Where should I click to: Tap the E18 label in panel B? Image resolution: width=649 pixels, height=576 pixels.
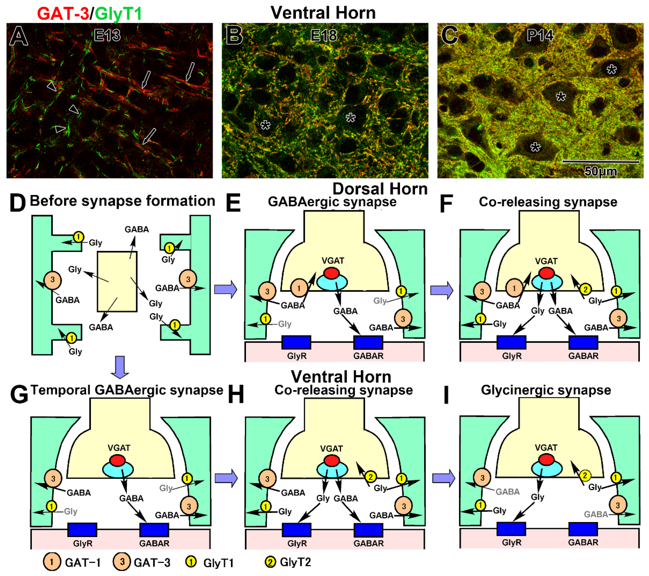coord(324,35)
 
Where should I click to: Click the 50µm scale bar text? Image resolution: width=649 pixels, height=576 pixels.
coord(601,171)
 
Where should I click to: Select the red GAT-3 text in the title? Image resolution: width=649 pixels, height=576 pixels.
coord(63,14)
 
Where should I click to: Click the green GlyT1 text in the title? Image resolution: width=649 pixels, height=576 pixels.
coord(118,14)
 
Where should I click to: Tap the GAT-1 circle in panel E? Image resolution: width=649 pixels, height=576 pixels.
coord(299,288)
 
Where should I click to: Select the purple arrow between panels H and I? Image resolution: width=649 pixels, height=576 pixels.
coord(444,478)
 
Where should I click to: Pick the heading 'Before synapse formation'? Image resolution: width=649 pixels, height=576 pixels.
coord(122,201)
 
